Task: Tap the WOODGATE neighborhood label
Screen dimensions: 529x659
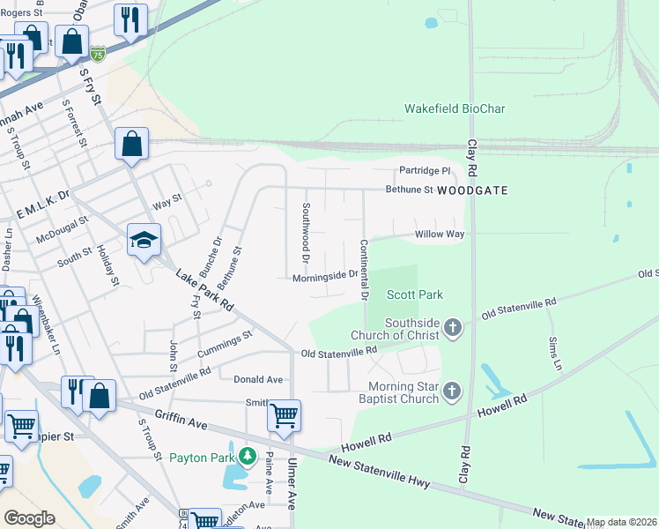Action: click(473, 190)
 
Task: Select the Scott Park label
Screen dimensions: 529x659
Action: click(414, 294)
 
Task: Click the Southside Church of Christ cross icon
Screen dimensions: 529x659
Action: click(452, 328)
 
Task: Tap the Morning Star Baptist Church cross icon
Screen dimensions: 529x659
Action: click(452, 391)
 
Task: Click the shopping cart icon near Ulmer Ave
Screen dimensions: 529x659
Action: click(284, 414)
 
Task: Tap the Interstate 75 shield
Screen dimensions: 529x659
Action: click(99, 54)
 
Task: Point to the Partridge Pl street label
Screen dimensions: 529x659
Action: click(425, 170)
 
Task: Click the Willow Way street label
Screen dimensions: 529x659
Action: click(440, 235)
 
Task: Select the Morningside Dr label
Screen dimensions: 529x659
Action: click(325, 275)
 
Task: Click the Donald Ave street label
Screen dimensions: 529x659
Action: click(258, 379)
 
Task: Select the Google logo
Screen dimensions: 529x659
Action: click(29, 518)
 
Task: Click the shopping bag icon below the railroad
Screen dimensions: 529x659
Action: click(131, 145)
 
